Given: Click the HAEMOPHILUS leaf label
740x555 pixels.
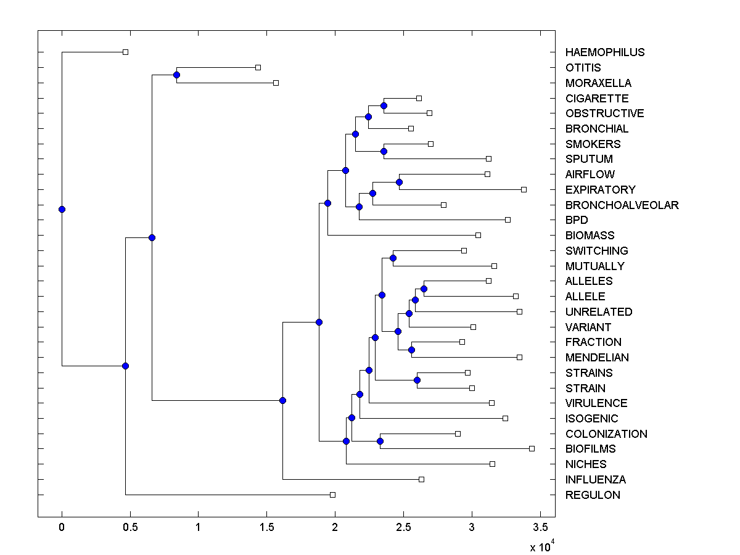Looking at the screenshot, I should (x=604, y=52).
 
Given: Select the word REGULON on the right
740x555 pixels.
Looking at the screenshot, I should (x=593, y=495).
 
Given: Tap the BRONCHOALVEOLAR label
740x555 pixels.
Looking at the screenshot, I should (x=622, y=205).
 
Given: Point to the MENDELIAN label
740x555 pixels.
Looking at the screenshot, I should (x=597, y=358).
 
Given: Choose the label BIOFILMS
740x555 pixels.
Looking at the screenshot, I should (x=590, y=449).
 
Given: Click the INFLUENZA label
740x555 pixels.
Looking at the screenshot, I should (x=595, y=480).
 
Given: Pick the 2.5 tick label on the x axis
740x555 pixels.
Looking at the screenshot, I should (x=403, y=527).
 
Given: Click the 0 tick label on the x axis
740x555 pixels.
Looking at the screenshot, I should (x=62, y=527).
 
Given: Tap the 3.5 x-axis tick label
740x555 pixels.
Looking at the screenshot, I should (x=540, y=527).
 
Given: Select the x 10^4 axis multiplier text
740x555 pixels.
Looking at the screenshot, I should (x=543, y=546).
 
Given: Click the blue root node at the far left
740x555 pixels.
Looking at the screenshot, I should (x=62, y=209).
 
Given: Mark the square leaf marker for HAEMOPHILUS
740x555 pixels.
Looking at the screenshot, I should (x=125, y=52).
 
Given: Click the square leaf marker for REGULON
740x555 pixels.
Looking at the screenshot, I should (x=332, y=495).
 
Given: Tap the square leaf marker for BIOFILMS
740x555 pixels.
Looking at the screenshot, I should (x=532, y=448).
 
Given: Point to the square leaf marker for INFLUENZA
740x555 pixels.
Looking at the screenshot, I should (x=421, y=479).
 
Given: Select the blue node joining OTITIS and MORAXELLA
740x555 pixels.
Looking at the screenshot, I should (x=176, y=75).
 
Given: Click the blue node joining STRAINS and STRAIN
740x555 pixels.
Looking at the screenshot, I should (x=417, y=380).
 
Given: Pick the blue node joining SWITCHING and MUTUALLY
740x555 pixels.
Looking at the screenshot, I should (x=393, y=258).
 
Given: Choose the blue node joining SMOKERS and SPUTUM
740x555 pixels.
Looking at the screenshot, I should (x=384, y=151).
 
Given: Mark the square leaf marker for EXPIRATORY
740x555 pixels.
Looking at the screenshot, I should (x=524, y=189).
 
